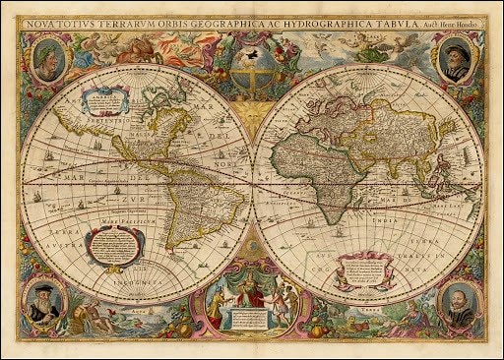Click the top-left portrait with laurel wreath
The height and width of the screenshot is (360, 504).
pyautogui.click(x=47, y=61)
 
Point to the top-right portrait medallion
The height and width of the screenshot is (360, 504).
pyautogui.click(x=456, y=59)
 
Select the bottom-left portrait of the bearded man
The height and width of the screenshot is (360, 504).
pyautogui.click(x=45, y=301)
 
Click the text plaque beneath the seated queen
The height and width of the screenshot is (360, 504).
pyautogui.click(x=252, y=319)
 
